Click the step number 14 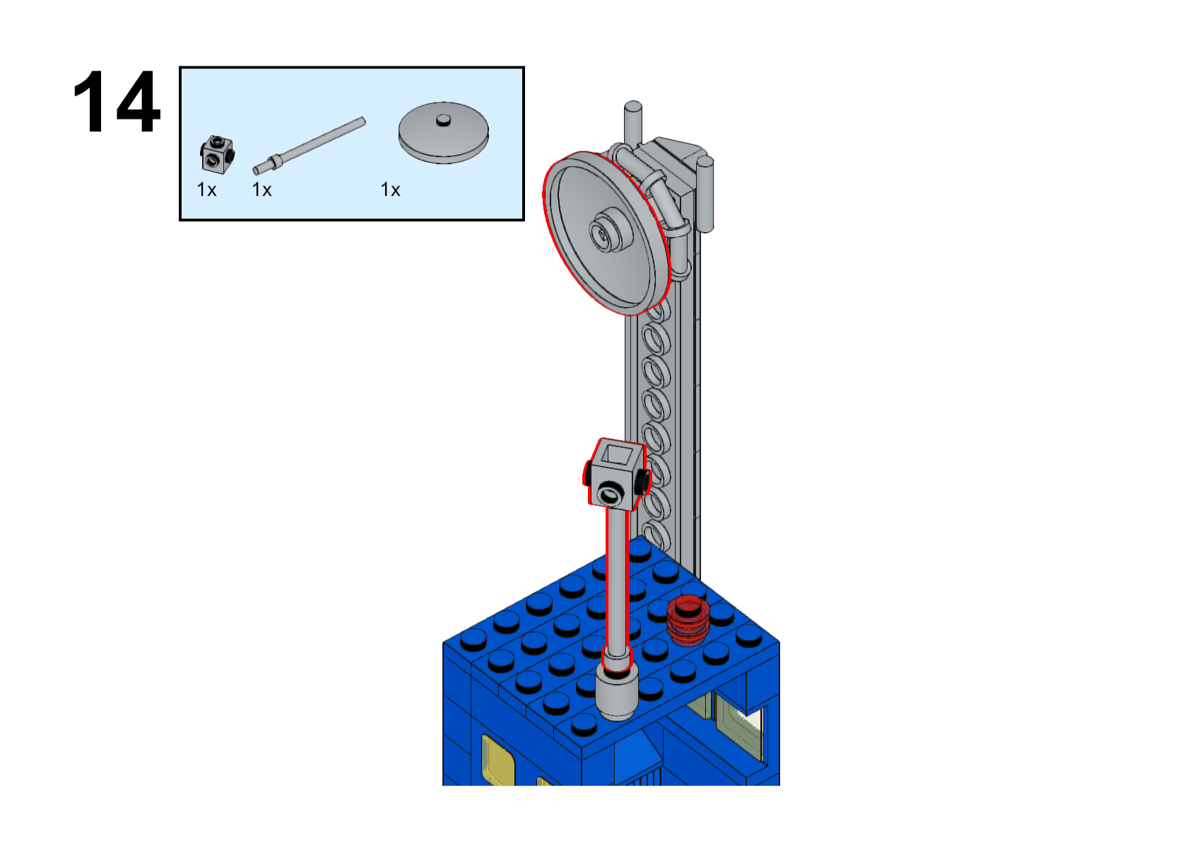tap(117, 102)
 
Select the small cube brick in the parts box tap(216, 155)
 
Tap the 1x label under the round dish tap(390, 190)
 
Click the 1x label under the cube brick tap(206, 190)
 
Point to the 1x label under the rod tap(261, 190)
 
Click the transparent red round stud tap(685, 620)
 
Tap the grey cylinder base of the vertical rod tap(617, 694)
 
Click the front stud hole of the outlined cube tap(610, 492)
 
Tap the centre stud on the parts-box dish tap(443, 120)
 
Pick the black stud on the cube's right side tap(642, 481)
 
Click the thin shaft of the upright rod tap(617, 580)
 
